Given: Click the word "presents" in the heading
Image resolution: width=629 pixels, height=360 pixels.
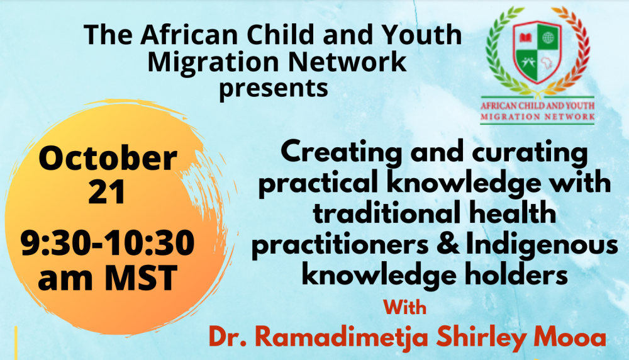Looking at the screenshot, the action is [273, 89].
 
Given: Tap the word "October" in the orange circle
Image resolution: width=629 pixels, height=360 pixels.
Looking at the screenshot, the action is [108, 158].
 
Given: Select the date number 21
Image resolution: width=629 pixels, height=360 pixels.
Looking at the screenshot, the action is [107, 192].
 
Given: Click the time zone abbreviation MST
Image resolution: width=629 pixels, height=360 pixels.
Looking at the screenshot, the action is [141, 278].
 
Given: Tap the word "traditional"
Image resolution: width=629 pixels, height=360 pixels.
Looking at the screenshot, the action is [387, 213].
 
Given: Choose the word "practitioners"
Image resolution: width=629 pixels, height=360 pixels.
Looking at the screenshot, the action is [340, 245].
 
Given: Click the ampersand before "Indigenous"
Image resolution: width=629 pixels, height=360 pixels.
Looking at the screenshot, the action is [448, 244].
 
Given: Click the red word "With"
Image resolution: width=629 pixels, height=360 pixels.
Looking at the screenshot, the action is [404, 307].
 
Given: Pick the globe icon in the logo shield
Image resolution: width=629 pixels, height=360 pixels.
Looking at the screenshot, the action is [548, 38].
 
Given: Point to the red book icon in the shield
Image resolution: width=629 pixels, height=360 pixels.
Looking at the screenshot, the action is [525, 38].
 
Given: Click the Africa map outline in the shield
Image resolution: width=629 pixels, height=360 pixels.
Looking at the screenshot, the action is [547, 64].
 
